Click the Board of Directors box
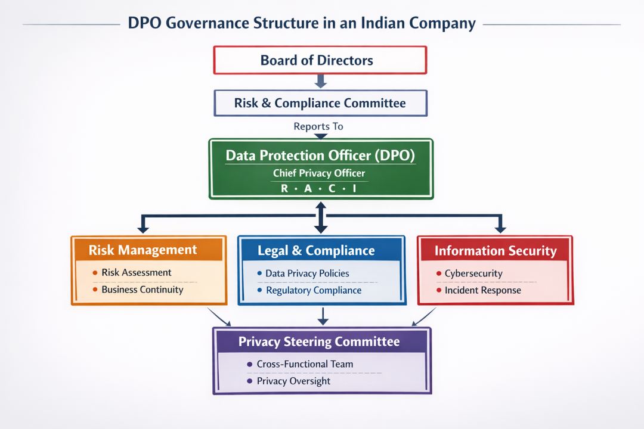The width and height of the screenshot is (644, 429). point(320,60)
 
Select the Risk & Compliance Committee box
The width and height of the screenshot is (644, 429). point(320,103)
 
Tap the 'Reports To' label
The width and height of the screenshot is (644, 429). point(318,126)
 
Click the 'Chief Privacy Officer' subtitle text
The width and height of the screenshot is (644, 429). point(319,173)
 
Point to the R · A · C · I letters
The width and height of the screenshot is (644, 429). point(319,188)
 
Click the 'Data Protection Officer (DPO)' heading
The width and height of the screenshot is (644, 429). point(320,156)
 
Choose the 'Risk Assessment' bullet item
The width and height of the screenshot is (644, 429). point(136,272)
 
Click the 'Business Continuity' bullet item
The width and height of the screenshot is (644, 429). point(142,290)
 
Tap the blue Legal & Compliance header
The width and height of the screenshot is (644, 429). point(316,250)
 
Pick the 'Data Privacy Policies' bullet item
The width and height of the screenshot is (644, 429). point(307,273)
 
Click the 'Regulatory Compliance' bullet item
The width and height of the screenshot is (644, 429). point(313,290)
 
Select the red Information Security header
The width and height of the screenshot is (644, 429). point(496,251)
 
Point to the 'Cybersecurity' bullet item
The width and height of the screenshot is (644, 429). point(473,273)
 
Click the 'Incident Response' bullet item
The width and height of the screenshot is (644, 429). point(482,290)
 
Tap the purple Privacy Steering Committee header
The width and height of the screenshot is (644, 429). point(319,342)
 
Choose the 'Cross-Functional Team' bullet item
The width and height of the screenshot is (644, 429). point(304,363)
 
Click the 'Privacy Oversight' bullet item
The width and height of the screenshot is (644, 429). point(293,381)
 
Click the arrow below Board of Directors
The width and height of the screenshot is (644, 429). point(320,81)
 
